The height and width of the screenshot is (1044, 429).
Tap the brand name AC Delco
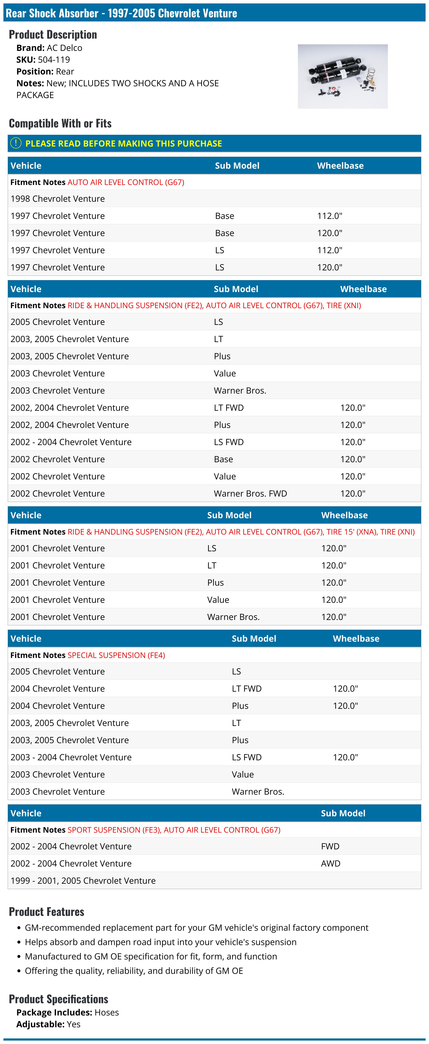(x=64, y=48)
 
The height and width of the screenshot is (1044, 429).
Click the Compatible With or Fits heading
(x=60, y=123)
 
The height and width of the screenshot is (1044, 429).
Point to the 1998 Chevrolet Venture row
(x=57, y=198)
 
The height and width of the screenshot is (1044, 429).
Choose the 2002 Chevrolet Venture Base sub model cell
(x=223, y=459)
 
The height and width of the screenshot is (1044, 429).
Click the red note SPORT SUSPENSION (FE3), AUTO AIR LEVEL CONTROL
(x=174, y=830)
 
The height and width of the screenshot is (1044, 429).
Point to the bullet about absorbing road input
(x=160, y=942)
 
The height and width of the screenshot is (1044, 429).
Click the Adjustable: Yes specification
(x=48, y=1024)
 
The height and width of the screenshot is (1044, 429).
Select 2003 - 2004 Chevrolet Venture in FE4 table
(x=71, y=757)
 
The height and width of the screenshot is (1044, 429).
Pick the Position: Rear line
(x=45, y=71)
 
